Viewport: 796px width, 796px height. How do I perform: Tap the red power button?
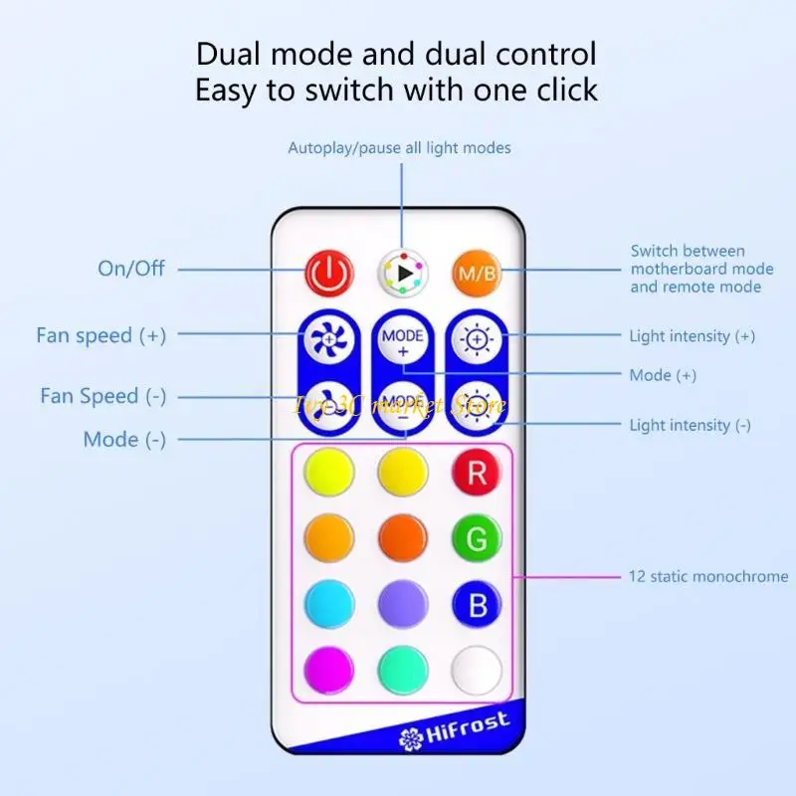click(328, 272)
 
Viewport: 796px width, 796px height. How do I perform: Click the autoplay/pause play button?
click(402, 272)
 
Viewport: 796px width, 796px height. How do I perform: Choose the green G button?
click(477, 539)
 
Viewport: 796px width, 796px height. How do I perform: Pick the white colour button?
click(477, 670)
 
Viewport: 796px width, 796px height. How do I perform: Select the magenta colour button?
click(329, 670)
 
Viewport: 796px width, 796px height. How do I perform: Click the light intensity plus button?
click(477, 339)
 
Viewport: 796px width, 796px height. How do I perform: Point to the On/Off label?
click(131, 269)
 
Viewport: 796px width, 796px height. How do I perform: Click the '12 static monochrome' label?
click(707, 576)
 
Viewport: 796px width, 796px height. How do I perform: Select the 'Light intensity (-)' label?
click(690, 425)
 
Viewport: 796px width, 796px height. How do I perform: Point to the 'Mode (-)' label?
click(124, 440)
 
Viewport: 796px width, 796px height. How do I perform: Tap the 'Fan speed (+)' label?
click(100, 335)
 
